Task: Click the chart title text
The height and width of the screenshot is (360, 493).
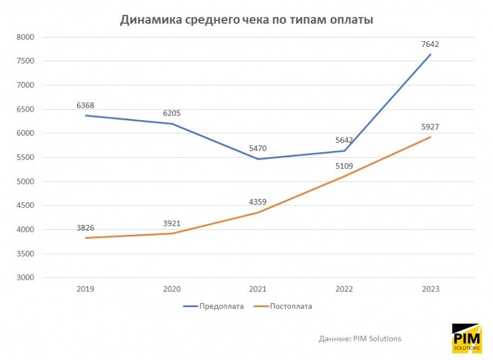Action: tap(246, 20)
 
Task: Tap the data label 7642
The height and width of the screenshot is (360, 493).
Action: tap(430, 44)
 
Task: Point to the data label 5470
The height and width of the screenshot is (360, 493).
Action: tap(258, 148)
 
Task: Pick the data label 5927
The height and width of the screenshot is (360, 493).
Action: tap(430, 127)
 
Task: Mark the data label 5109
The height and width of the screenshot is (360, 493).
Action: tap(344, 166)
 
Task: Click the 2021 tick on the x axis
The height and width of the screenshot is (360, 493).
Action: tap(258, 288)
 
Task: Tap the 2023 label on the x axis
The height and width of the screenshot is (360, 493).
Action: tap(430, 288)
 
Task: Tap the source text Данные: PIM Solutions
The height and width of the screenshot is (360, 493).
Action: tap(360, 338)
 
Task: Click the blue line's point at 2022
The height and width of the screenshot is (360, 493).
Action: tap(344, 150)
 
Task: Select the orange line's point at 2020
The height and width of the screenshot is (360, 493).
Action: tap(171, 233)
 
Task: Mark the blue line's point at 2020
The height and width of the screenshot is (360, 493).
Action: tap(171, 123)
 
